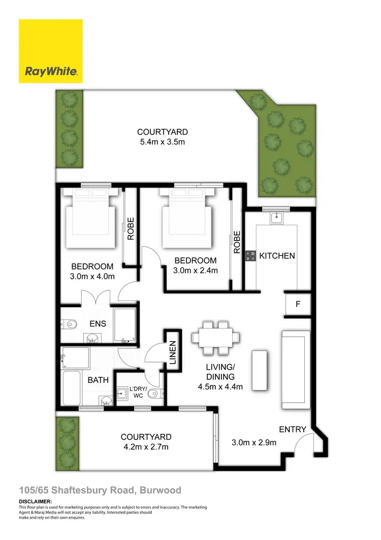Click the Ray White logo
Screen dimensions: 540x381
click(51, 51)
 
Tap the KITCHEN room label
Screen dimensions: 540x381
click(277, 256)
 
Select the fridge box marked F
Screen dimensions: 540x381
click(298, 305)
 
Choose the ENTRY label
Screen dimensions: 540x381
click(293, 429)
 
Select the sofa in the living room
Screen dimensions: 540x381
click(295, 369)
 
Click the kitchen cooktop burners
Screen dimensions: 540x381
click(250, 256)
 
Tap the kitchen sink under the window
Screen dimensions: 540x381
click(276, 218)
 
